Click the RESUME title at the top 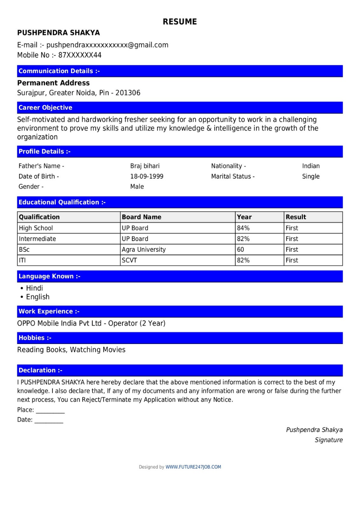pos(180,22)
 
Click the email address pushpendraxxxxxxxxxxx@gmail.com pos(107,45)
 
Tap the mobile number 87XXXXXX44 pos(80,55)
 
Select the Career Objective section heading pos(45,108)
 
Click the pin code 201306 pos(128,93)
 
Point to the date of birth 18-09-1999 pos(147,177)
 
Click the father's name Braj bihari pos(145,166)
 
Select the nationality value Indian pos(311,166)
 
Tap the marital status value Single pos(311,177)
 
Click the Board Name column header pos(141,217)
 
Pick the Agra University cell pos(143,250)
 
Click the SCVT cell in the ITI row pos(129,260)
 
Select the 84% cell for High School pos(243,228)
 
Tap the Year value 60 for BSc pos(240,250)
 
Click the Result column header pos(296,217)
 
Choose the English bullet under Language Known pos(38,297)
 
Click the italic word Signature pos(329,440)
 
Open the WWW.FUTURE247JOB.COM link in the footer pos(193,467)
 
